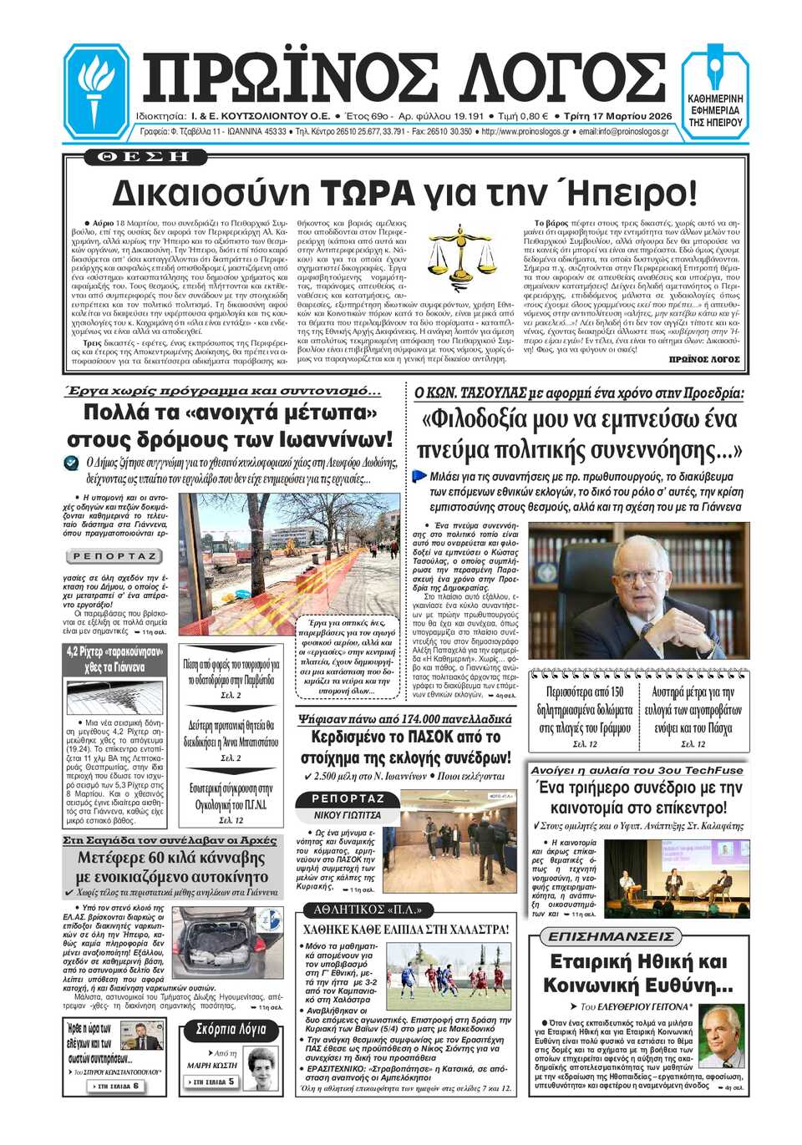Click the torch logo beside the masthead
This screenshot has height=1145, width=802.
(x=96, y=92)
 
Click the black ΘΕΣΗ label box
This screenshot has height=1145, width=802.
(x=143, y=156)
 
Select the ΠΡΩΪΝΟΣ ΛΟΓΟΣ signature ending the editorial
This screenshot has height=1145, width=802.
(x=704, y=359)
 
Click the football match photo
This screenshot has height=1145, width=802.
(x=447, y=977)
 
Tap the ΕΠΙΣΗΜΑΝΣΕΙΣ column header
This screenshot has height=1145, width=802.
(x=610, y=937)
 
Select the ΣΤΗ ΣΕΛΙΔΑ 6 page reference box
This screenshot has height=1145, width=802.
(x=118, y=1086)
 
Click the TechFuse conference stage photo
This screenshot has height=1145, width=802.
(x=676, y=877)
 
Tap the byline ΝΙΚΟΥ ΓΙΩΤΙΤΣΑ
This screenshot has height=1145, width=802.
(x=348, y=815)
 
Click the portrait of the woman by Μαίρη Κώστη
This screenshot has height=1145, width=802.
(x=261, y=1066)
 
